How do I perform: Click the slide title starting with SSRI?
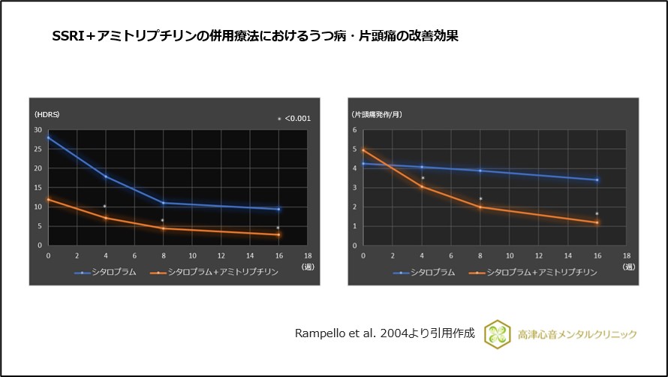(x=254, y=36)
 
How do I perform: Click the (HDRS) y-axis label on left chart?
(x=47, y=114)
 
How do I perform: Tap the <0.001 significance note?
(x=293, y=119)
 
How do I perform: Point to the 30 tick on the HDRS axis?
(x=38, y=130)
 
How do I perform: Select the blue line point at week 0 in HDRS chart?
(x=48, y=137)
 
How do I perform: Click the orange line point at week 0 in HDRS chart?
(x=48, y=200)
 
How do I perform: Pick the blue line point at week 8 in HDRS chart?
(x=163, y=203)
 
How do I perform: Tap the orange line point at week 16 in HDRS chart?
(x=278, y=234)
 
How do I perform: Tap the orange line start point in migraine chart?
(x=363, y=150)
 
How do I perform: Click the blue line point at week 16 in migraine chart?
(x=597, y=180)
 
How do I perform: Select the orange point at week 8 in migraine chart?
(x=480, y=207)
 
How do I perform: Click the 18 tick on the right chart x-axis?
(x=625, y=257)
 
